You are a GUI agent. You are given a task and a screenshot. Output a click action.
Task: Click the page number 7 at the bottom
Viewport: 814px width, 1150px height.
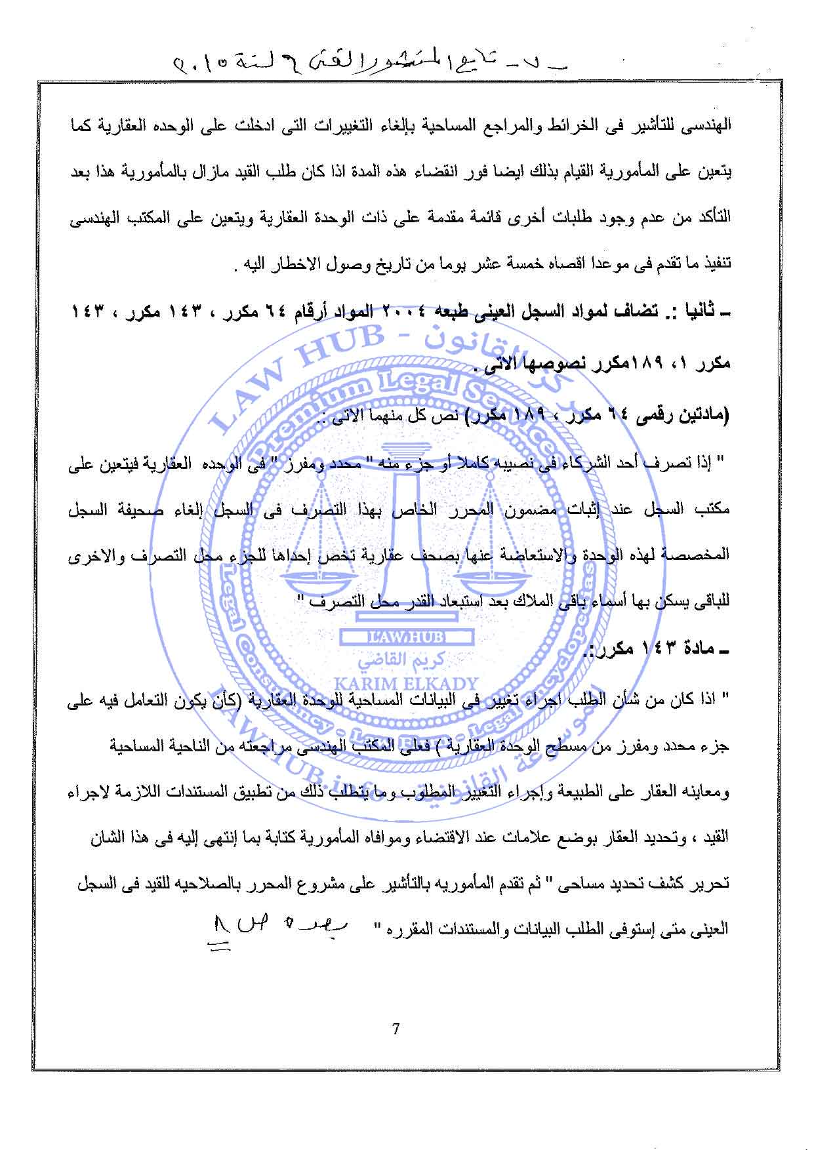click(x=396, y=1029)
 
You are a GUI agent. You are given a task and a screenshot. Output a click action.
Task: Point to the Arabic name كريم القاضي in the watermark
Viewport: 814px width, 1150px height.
click(x=407, y=660)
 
